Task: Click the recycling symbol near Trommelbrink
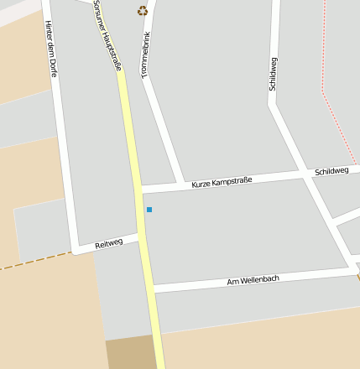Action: click(143, 11)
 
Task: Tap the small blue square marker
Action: click(149, 209)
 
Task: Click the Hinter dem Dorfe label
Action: click(50, 48)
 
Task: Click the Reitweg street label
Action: click(109, 243)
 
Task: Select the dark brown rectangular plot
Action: click(131, 352)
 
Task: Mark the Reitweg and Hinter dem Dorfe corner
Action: click(76, 249)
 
